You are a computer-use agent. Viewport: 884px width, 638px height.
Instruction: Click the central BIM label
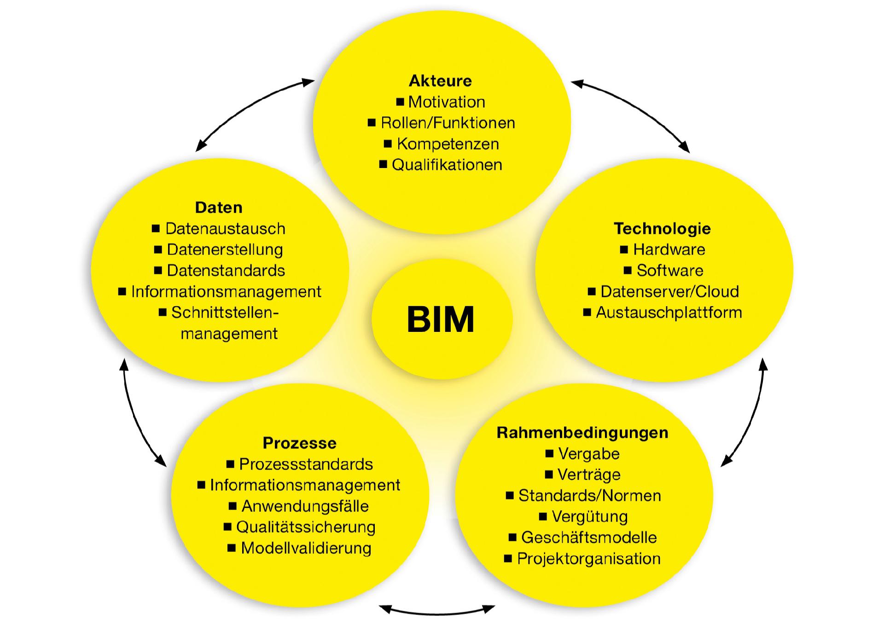point(441,319)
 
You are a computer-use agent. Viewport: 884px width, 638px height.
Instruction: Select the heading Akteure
point(440,81)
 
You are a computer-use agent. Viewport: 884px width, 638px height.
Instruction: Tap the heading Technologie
point(662,229)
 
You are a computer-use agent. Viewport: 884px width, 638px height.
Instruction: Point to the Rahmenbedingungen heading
point(582,433)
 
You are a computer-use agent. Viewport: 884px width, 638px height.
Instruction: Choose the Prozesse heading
point(299,443)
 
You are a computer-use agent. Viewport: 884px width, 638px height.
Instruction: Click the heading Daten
point(219,208)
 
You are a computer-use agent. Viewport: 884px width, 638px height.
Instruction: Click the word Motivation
point(447,102)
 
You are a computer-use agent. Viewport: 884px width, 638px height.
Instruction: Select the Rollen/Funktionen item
point(448,123)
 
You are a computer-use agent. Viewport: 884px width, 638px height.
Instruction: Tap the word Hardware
point(669,249)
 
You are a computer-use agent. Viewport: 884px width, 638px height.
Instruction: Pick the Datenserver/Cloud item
point(669,291)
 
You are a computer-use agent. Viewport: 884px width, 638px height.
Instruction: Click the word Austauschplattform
point(669,313)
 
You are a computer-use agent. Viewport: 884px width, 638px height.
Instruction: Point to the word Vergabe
point(589,454)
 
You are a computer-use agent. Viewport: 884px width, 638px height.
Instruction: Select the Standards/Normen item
point(589,496)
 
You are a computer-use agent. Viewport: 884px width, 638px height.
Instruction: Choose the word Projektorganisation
point(589,559)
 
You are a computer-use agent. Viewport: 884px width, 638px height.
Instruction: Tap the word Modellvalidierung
point(306,548)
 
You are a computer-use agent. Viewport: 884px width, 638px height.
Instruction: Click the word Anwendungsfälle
point(305,506)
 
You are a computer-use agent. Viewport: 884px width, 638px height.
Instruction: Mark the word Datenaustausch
point(225,229)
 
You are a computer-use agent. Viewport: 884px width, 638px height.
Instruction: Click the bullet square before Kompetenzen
point(388,144)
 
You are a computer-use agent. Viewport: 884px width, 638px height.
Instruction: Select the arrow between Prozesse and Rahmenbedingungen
point(437,612)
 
